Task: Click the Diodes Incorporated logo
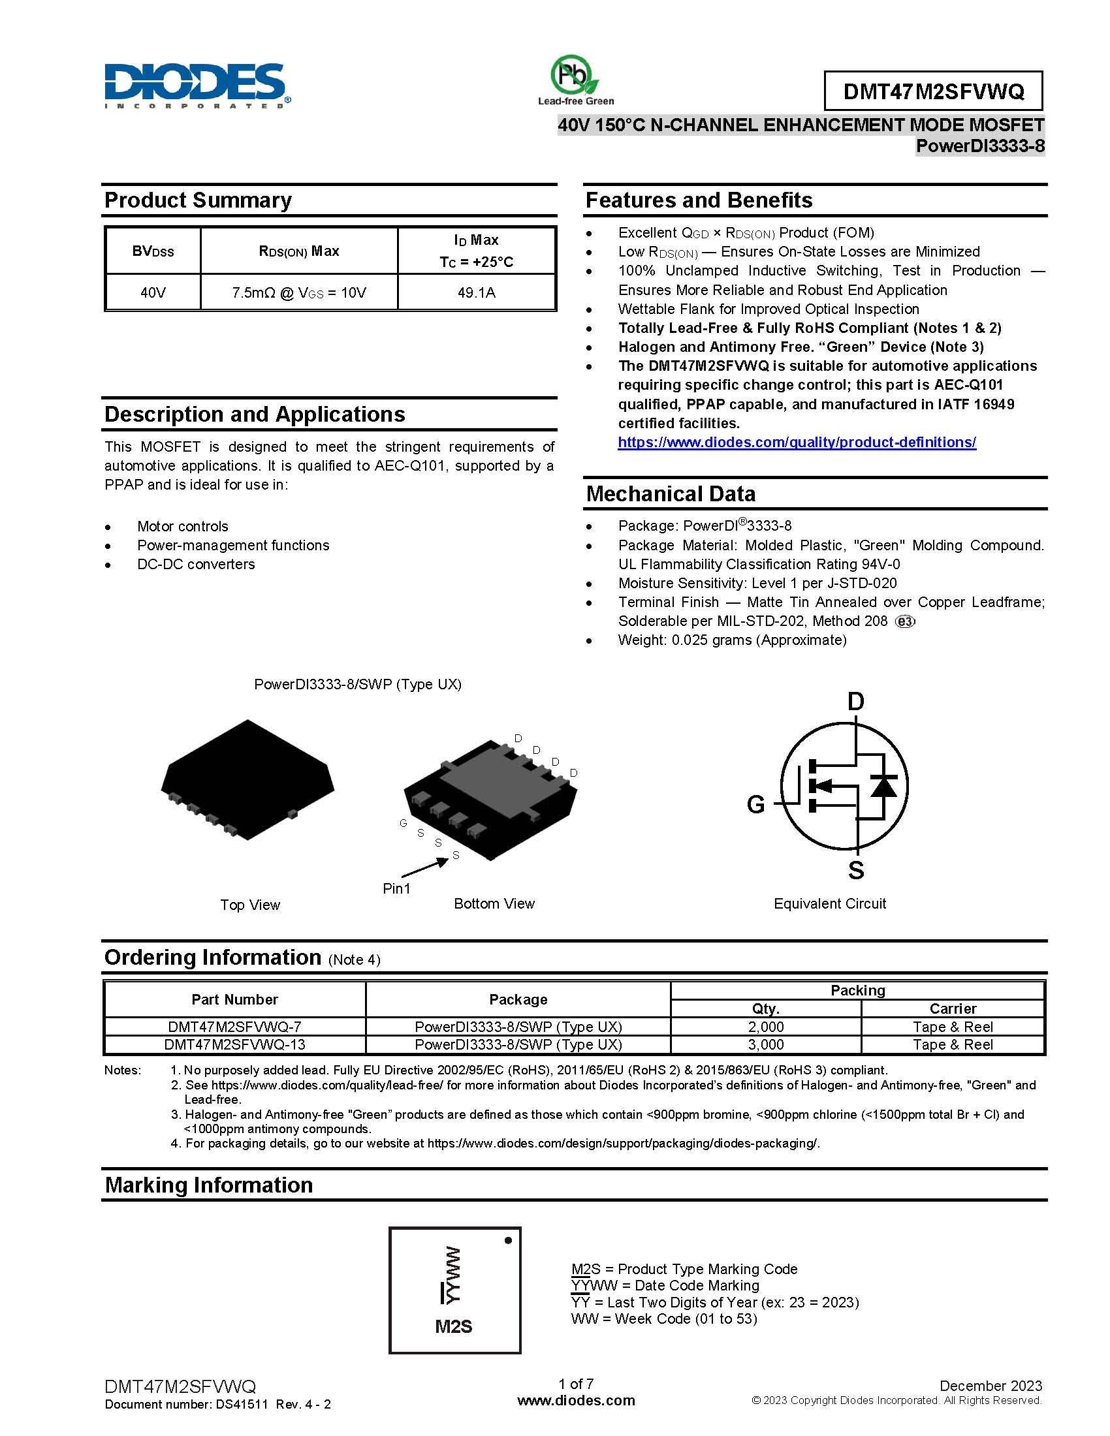tap(196, 86)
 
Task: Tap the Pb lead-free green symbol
tap(574, 75)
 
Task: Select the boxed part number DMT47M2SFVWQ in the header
tap(933, 91)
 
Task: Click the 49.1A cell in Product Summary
tap(477, 292)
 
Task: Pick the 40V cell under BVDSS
tap(153, 292)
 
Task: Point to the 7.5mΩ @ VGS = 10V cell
tap(299, 292)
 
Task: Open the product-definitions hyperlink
tap(797, 443)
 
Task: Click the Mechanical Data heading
tap(671, 494)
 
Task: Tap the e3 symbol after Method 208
tap(905, 622)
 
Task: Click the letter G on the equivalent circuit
tap(755, 804)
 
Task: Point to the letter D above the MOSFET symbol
tap(855, 702)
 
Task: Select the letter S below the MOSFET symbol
tap(855, 871)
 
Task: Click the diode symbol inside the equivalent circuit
tap(883, 787)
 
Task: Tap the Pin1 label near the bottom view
tap(396, 889)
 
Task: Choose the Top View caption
tap(250, 905)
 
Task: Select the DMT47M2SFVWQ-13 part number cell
tap(234, 1045)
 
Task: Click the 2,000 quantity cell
tap(765, 1027)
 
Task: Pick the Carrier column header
tap(952, 1008)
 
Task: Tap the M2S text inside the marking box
tap(454, 1327)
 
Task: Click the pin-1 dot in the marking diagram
tap(507, 1241)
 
